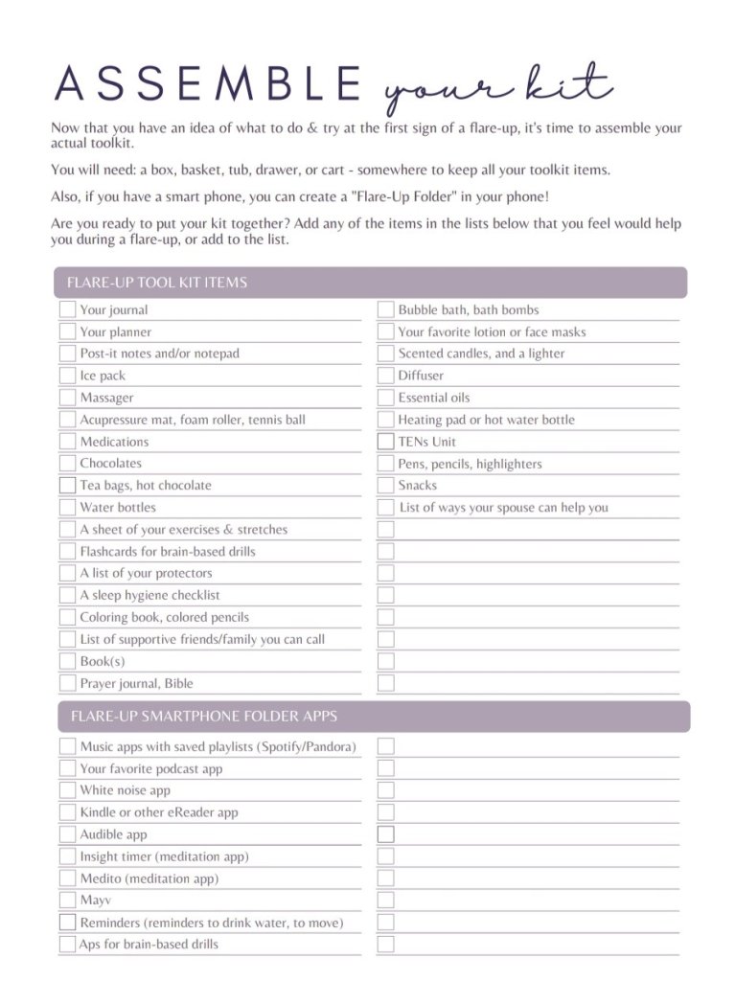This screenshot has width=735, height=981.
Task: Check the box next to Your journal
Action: click(x=67, y=309)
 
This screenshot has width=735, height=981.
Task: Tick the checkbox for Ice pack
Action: click(x=67, y=376)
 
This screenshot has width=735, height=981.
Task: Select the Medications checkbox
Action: click(x=67, y=442)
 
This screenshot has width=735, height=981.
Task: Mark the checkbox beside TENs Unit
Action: click(x=385, y=442)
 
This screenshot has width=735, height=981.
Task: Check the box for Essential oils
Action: click(x=385, y=398)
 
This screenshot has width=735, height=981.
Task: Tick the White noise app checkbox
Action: click(x=67, y=790)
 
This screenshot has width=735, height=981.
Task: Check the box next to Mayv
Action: click(x=67, y=900)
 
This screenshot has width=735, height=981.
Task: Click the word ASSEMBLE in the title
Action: click(x=207, y=84)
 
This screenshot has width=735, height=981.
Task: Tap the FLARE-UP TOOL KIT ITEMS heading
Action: click(x=157, y=283)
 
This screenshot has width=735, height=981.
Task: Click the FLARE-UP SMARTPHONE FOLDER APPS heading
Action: click(x=203, y=717)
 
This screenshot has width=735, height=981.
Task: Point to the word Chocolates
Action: click(x=110, y=464)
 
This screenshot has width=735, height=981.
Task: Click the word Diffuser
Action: click(x=421, y=376)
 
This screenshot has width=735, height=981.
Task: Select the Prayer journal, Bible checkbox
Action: click(x=67, y=683)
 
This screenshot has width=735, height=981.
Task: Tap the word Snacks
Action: click(x=417, y=486)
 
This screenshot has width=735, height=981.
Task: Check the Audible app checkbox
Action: click(x=67, y=834)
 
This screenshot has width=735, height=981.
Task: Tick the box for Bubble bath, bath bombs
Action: click(x=385, y=309)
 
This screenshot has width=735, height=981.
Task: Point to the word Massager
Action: click(x=106, y=398)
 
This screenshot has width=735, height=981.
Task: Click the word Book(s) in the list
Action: click(x=102, y=661)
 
